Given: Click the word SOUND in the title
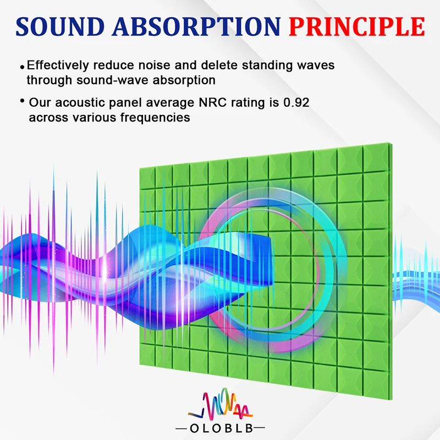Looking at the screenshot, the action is [x=60, y=26].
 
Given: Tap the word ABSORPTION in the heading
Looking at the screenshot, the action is [x=196, y=26].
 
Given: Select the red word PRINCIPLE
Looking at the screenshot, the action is [x=357, y=26].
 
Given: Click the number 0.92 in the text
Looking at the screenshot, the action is [x=296, y=102].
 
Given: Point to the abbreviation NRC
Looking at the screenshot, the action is [x=212, y=102].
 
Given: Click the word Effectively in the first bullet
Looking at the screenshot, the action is [x=58, y=65].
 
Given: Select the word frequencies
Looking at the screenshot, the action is [x=155, y=118].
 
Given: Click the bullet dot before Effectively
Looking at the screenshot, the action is [x=22, y=67].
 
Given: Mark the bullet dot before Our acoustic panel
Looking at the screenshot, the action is [x=22, y=101].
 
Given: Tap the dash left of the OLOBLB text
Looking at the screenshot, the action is [x=182, y=428].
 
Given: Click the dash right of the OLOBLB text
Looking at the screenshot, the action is [x=259, y=428].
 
